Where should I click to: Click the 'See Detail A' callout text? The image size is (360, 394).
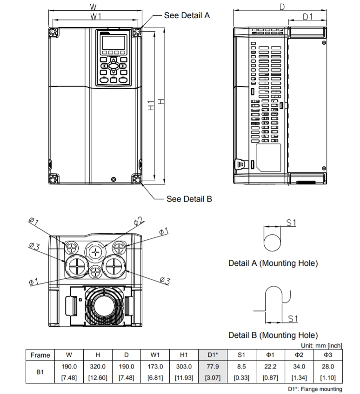click(187, 15)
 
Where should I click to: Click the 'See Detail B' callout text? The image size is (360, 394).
click(189, 199)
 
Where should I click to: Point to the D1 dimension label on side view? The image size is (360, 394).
click(307, 17)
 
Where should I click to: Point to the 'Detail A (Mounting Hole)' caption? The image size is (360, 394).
click(273, 263)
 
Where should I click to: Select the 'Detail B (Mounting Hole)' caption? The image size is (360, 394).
click(273, 335)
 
